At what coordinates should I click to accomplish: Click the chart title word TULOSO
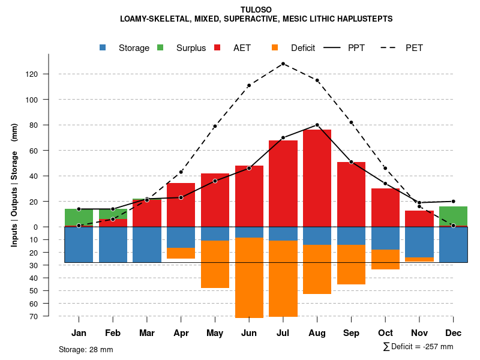(256, 10)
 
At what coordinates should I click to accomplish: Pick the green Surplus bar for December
(453, 216)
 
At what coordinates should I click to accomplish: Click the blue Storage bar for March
(147, 245)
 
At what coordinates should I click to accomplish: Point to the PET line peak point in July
(283, 64)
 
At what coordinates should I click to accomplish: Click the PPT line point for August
(317, 125)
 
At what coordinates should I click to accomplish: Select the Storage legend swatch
(103, 48)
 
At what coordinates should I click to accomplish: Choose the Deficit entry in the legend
(302, 48)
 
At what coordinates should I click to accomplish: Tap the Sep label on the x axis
(351, 333)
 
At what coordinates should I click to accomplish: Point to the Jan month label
(79, 333)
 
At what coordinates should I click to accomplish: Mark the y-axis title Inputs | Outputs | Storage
(14, 185)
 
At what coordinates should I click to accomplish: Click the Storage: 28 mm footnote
(86, 349)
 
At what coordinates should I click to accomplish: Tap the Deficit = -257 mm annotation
(418, 346)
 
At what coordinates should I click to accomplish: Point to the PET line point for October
(385, 168)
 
